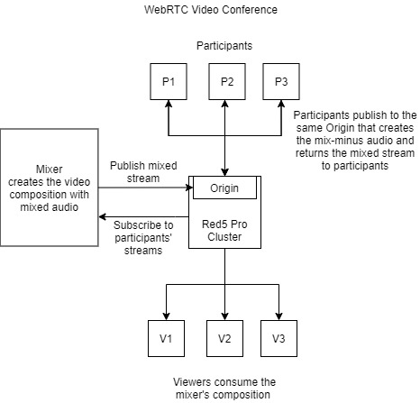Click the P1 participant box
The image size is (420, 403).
(169, 81)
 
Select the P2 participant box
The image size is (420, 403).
(227, 81)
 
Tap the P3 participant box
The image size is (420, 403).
(281, 81)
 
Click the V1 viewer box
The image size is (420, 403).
(166, 338)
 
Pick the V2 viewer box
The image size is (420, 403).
(224, 338)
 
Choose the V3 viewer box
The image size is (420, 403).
(278, 338)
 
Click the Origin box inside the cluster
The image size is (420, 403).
(224, 188)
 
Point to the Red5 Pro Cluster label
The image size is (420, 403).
(224, 231)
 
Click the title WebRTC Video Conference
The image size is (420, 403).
(211, 10)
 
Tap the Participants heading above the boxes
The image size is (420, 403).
(224, 46)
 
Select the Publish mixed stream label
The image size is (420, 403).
(143, 172)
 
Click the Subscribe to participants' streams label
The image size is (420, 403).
(143, 238)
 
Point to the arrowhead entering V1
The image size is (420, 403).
(166, 316)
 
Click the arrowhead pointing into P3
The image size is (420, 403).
(281, 104)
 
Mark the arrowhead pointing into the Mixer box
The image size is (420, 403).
(103, 216)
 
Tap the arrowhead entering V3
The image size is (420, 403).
(278, 316)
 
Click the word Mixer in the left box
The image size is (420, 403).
(50, 169)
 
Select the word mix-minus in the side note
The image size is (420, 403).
(341, 141)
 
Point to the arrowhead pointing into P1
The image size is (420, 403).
(169, 104)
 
